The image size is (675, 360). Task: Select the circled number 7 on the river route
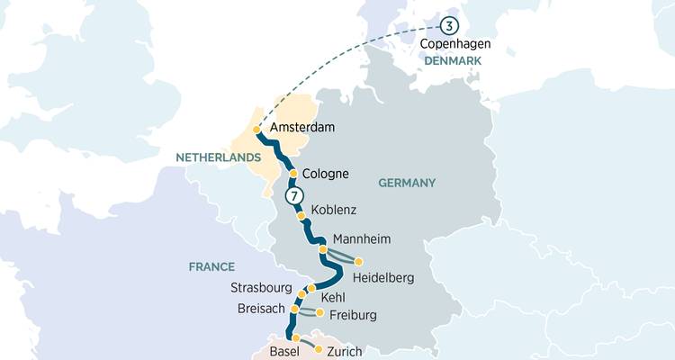pyautogui.click(x=292, y=195)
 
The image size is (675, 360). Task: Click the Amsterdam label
pyautogui.click(x=303, y=128)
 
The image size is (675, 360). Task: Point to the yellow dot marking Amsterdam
pyautogui.click(x=257, y=130)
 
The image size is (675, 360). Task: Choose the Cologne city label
pyautogui.click(x=326, y=174)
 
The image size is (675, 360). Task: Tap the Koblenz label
pyautogui.click(x=334, y=211)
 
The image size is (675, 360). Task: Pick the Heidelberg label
pyautogui.click(x=383, y=278)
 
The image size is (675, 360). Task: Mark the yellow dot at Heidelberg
pyautogui.click(x=359, y=262)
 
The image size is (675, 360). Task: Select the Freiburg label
pyautogui.click(x=353, y=315)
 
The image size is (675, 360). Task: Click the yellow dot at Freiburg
pyautogui.click(x=319, y=312)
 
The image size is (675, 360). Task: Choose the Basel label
pyautogui.click(x=285, y=350)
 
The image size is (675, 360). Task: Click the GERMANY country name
pyautogui.click(x=407, y=183)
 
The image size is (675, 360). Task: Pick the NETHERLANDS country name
pyautogui.click(x=211, y=157)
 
